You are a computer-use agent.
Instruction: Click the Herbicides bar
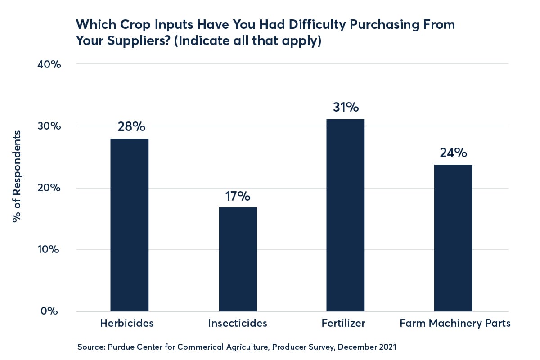point(130,225)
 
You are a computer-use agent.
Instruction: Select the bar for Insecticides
point(238,259)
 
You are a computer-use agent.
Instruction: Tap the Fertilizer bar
point(346,215)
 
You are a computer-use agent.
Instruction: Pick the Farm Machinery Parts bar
point(453,238)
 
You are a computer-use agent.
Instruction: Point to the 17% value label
point(238,197)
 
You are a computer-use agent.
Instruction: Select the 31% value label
point(346,108)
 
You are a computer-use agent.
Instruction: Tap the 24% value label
point(453,153)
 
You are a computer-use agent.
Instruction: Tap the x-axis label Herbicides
point(127,323)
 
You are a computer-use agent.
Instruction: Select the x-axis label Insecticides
point(238,323)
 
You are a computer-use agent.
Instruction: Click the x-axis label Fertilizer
point(343,323)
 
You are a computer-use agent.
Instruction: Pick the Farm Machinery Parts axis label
point(455,323)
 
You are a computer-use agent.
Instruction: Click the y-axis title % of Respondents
point(17,176)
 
